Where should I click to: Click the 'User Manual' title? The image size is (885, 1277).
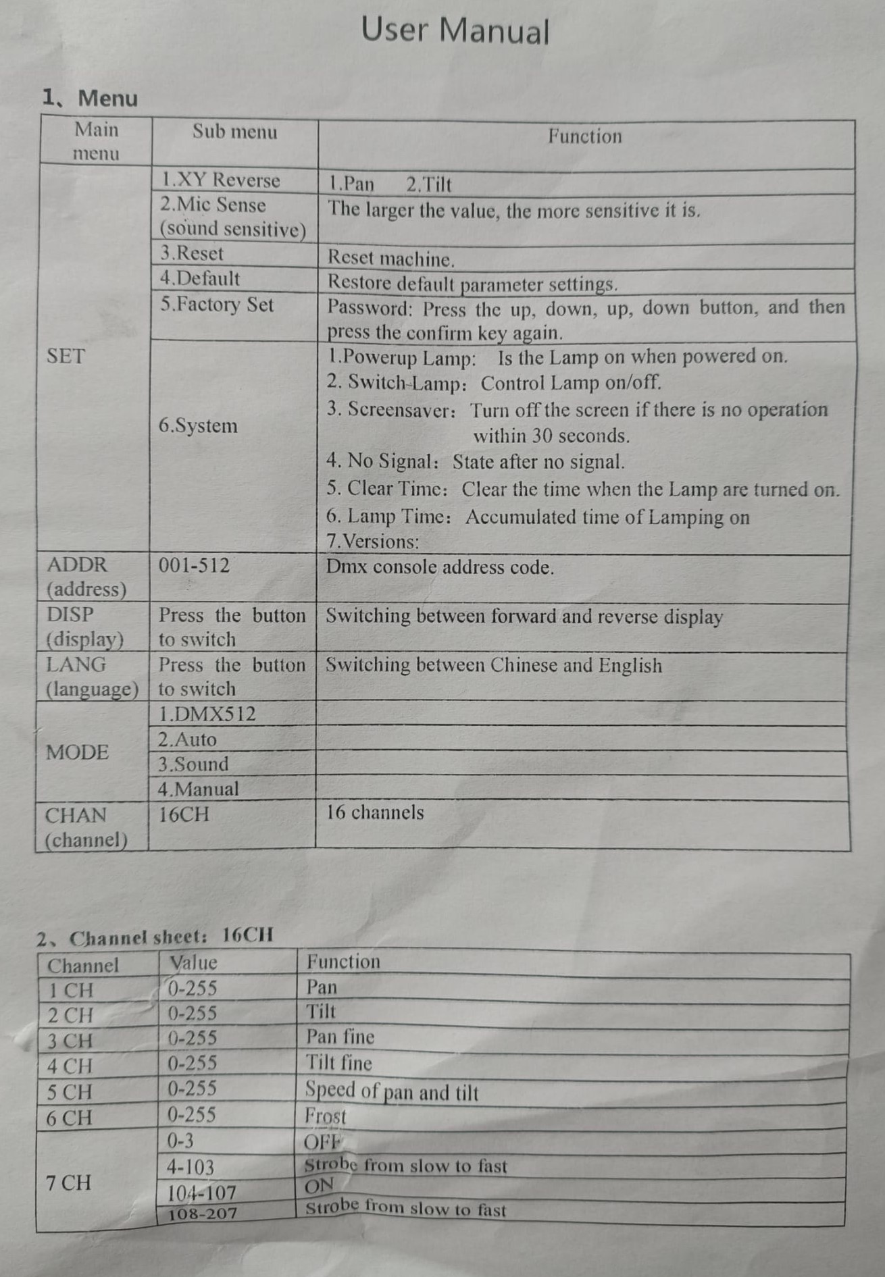[x=455, y=31]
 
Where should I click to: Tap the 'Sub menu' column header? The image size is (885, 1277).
[x=234, y=132]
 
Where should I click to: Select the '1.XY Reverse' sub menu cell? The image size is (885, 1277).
[x=220, y=180]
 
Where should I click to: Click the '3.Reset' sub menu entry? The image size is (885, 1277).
[x=191, y=254]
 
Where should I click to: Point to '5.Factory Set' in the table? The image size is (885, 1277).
[x=217, y=305]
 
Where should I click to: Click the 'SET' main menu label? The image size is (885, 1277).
[x=66, y=356]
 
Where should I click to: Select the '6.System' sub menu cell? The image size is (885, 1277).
[x=198, y=426]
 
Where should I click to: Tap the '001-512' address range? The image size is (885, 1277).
[x=194, y=565]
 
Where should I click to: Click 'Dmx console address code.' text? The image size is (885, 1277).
[x=440, y=567]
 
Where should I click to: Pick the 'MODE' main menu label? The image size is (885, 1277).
[x=77, y=752]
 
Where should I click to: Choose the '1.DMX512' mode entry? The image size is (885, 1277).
[x=207, y=714]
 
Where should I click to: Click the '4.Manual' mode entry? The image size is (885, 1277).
[x=198, y=789]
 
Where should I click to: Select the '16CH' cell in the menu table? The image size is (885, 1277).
[x=184, y=814]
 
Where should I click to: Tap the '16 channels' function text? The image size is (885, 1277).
[x=375, y=812]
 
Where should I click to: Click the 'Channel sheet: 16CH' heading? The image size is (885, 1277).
[x=155, y=937]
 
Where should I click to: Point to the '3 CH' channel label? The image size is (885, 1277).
[x=69, y=1041]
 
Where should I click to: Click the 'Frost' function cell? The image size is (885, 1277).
[x=325, y=1116]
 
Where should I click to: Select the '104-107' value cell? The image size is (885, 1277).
[x=201, y=1193]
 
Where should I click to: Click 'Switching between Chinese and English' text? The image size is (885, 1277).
[x=494, y=666]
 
